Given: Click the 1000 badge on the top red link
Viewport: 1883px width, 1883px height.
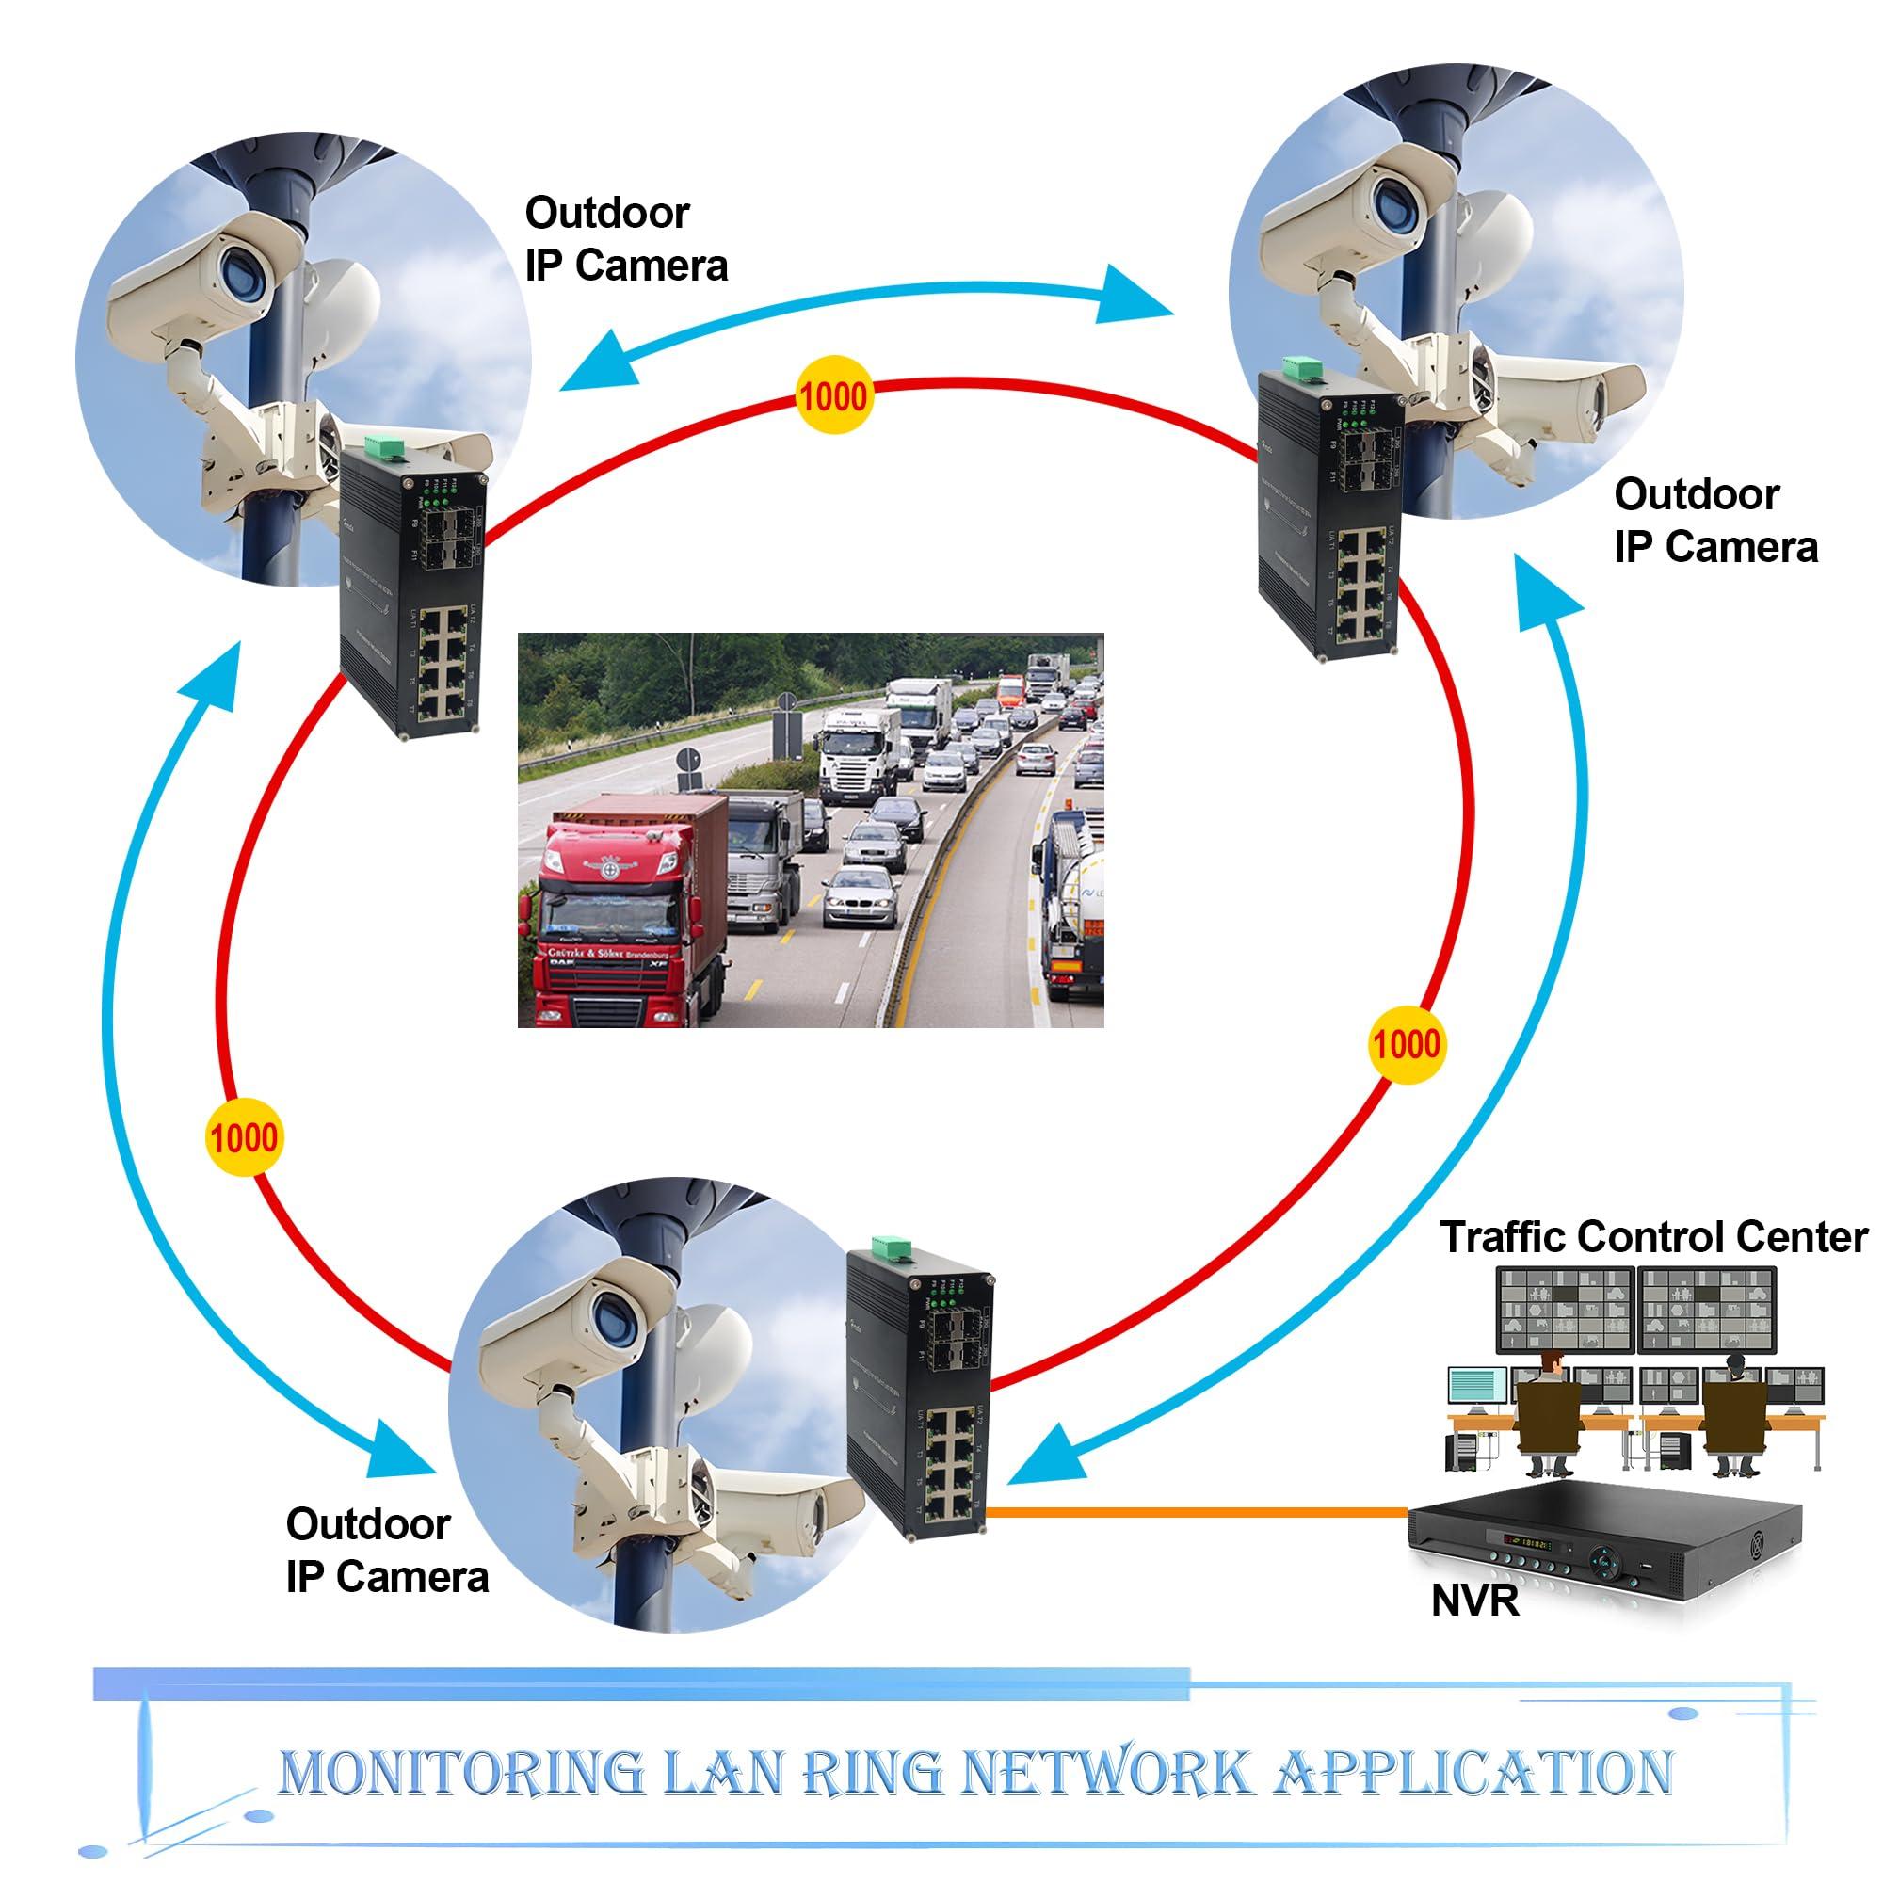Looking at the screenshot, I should [832, 396].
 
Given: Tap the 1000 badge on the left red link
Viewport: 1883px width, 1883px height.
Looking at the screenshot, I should [244, 1137].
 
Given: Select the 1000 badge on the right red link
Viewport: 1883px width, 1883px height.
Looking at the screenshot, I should [1406, 1044].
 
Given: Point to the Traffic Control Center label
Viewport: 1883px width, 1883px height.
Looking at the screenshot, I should [1654, 1237].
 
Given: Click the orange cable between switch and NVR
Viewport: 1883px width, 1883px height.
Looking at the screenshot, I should [1199, 1510].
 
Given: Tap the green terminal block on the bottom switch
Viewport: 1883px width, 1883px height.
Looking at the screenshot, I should [888, 1247].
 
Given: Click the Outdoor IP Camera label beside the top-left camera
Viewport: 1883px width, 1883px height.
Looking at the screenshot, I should [626, 239].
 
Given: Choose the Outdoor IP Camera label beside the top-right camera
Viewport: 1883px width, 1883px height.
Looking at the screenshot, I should [1715, 521].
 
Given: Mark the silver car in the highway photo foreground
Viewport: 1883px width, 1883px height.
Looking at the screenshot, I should [860, 897].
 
